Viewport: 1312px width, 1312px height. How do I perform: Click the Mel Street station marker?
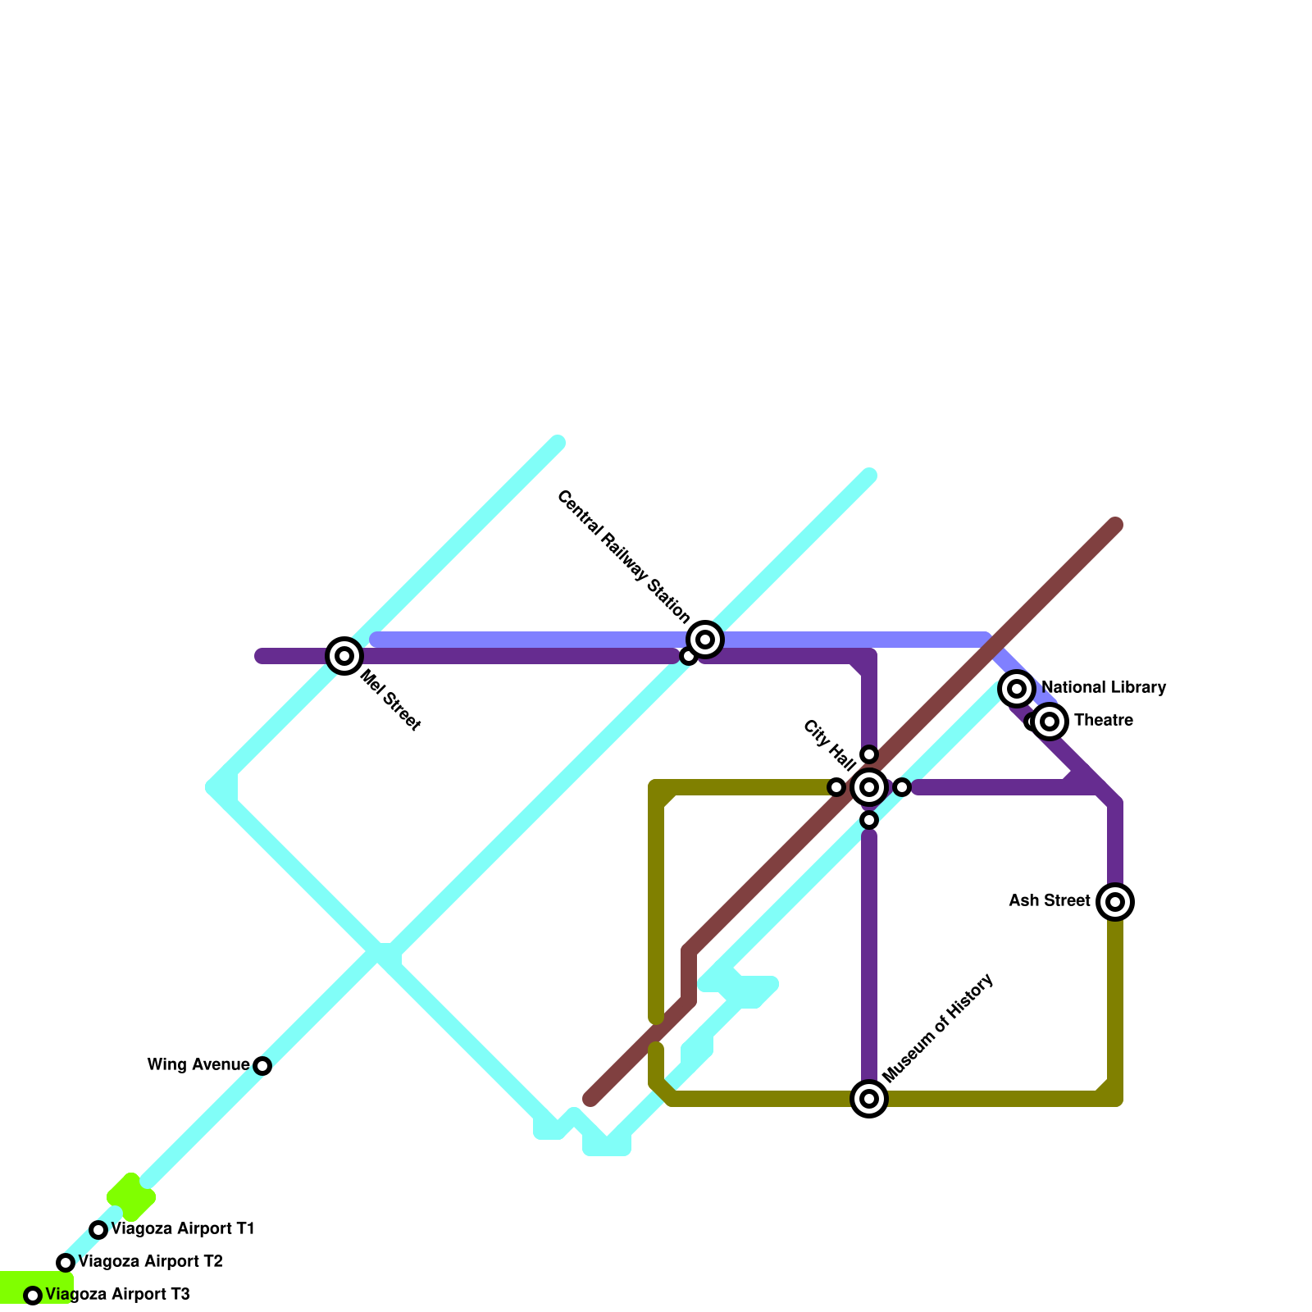(x=344, y=656)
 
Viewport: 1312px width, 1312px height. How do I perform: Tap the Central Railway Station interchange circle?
(x=705, y=640)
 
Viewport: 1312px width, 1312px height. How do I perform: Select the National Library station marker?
(x=1017, y=689)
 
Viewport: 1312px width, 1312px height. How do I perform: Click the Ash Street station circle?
(x=1115, y=902)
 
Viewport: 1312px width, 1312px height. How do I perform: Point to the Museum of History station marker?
(x=869, y=1099)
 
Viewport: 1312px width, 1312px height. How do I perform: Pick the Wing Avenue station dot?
(x=262, y=1066)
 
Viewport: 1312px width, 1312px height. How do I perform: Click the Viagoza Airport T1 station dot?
(x=98, y=1230)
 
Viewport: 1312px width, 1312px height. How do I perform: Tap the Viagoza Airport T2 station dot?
(x=66, y=1263)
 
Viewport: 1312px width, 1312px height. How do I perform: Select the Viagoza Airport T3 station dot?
(x=33, y=1296)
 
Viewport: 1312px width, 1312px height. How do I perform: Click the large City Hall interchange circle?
(x=869, y=787)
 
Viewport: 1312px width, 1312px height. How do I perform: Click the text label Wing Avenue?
(x=198, y=1065)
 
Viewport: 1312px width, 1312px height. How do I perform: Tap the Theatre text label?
(x=1104, y=721)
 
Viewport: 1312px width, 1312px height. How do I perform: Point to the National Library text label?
(x=1104, y=688)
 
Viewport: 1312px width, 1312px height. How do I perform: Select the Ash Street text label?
(x=1050, y=901)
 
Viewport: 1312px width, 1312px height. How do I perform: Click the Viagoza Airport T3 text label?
(x=118, y=1295)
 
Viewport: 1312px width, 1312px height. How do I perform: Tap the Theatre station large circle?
(x=1050, y=722)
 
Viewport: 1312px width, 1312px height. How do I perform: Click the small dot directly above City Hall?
(x=869, y=754)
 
